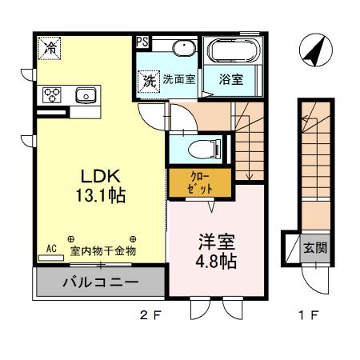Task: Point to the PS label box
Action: click(142, 42)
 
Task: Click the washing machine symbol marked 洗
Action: click(149, 79)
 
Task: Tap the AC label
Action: click(50, 250)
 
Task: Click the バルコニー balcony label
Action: click(100, 283)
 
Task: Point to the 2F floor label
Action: click(150, 314)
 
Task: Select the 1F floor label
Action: click(309, 314)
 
